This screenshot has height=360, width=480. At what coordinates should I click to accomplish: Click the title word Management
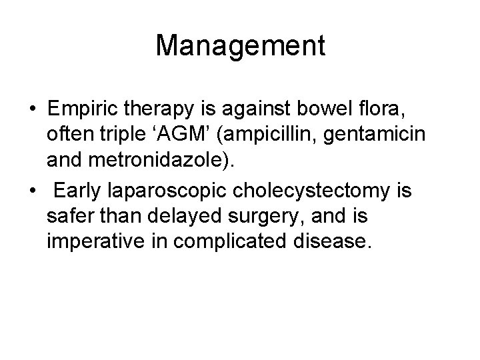(240, 46)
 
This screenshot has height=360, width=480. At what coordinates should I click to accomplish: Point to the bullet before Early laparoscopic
(31, 191)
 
